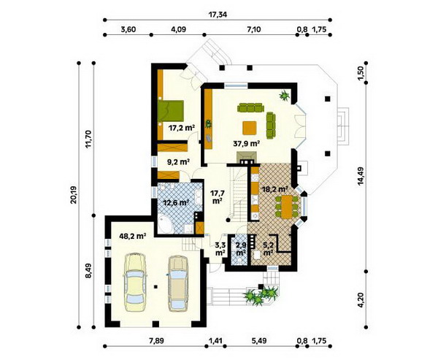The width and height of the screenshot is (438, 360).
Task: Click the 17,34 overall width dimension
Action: point(218,15)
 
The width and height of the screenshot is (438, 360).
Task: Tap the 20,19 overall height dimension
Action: point(74,194)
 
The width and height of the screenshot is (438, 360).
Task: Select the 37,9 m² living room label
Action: point(247,144)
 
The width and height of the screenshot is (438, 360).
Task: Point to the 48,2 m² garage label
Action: point(133,236)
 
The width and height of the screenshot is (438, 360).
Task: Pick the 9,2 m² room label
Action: point(179,161)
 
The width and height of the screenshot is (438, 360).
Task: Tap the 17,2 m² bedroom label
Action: point(182,128)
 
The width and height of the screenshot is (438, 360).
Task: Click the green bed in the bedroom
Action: point(171,111)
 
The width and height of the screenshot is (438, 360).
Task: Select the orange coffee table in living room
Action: point(250,128)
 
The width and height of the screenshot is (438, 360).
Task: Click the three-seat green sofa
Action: point(250,107)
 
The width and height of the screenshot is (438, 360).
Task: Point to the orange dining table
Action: point(287,207)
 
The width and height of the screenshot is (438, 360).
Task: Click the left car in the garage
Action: point(135,282)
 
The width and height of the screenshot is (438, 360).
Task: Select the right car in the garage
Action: point(177,283)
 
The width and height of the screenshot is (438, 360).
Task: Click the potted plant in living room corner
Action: point(285,96)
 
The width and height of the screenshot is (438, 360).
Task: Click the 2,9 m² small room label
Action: point(241,249)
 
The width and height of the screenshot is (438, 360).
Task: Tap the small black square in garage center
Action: point(155,286)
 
